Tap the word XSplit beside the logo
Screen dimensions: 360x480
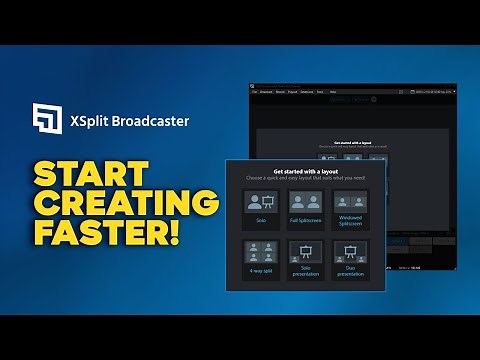(89, 122)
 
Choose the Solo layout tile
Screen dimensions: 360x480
(262, 209)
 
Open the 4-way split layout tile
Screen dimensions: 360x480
(262, 262)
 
